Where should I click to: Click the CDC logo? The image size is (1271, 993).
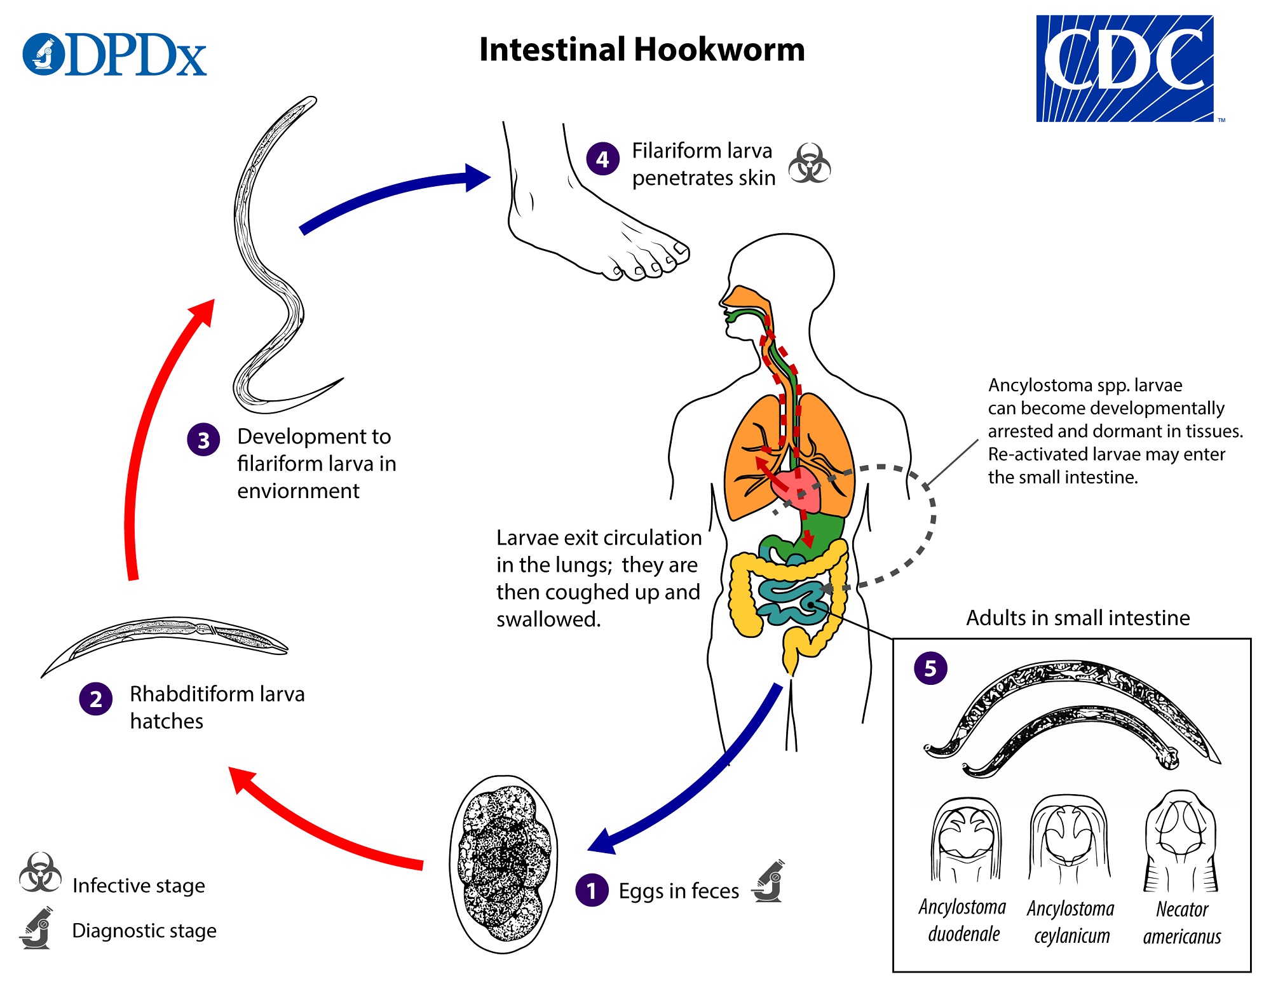tap(1125, 68)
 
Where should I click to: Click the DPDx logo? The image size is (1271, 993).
tap(114, 55)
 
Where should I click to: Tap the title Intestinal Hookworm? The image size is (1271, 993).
tap(642, 50)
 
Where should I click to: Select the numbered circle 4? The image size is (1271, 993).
tap(602, 159)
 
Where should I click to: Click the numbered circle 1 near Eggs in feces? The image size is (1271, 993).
tap(592, 890)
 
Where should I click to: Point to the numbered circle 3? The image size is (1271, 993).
tap(203, 440)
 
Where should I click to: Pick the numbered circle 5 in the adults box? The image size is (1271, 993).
tap(930, 668)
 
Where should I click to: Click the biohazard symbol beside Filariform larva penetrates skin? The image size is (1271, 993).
tap(809, 163)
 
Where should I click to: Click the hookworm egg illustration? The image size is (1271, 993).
tap(504, 864)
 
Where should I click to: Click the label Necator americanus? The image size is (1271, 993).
tap(1181, 922)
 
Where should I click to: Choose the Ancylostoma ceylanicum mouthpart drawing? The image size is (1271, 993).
tap(1070, 839)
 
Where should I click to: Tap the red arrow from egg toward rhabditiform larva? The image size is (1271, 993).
tap(318, 826)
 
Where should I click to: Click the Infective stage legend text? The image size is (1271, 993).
tap(139, 885)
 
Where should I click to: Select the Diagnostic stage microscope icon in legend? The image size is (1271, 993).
tap(37, 929)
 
